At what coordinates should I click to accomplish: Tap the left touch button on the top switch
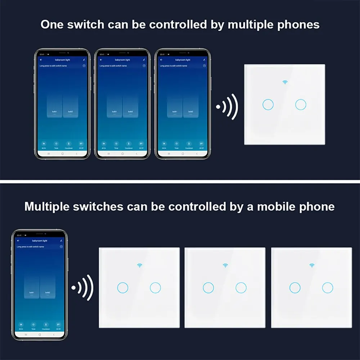(268, 104)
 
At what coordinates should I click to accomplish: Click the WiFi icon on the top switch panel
(285, 82)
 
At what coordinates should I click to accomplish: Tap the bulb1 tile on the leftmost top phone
(55, 106)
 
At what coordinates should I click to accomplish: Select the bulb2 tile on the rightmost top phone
(190, 106)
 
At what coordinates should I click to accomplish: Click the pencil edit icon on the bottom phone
(61, 240)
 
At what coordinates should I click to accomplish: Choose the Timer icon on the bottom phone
(33, 325)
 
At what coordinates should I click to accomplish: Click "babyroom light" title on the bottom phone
(40, 240)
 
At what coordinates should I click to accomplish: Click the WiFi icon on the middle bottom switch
(225, 266)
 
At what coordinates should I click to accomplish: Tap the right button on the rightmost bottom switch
(328, 288)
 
